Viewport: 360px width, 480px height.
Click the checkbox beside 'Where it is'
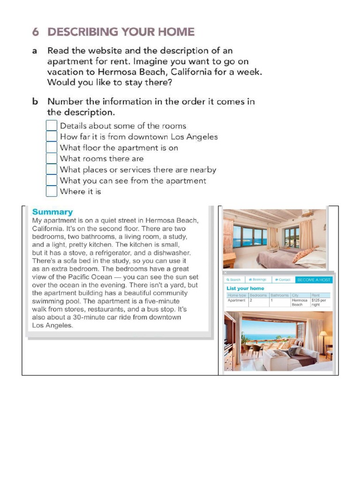coord(52,191)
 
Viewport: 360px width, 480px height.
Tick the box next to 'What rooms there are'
coord(52,158)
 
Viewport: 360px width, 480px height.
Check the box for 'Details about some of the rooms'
coord(52,126)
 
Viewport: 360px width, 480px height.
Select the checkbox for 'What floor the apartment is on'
coord(52,148)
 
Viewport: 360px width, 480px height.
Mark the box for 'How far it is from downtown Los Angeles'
coord(52,136)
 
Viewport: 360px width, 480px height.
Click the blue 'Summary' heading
coord(52,212)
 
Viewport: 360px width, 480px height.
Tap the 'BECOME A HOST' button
coord(314,279)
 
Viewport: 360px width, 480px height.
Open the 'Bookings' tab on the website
coord(257,279)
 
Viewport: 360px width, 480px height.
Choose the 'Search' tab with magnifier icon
coord(233,279)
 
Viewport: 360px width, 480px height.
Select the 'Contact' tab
coord(283,279)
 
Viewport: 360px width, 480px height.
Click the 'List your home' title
coord(245,288)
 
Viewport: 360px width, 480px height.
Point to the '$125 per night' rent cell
coord(320,302)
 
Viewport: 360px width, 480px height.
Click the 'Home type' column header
coord(237,295)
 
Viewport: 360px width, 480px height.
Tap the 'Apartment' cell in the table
coord(237,300)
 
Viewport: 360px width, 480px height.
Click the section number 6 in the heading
coord(36,32)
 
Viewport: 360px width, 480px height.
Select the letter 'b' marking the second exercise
coord(35,102)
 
